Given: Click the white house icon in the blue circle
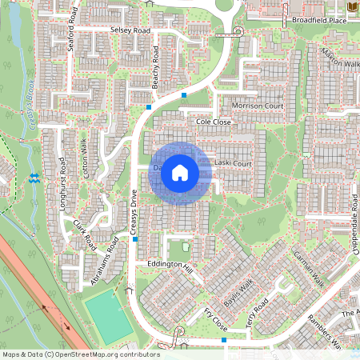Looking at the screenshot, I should tap(180, 172).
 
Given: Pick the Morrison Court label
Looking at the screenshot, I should tap(258, 106).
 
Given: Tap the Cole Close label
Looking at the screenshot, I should tap(213, 122).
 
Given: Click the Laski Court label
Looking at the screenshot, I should tap(234, 164).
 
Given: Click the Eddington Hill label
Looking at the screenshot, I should tap(165, 265).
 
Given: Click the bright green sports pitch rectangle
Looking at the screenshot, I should tap(109, 317).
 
